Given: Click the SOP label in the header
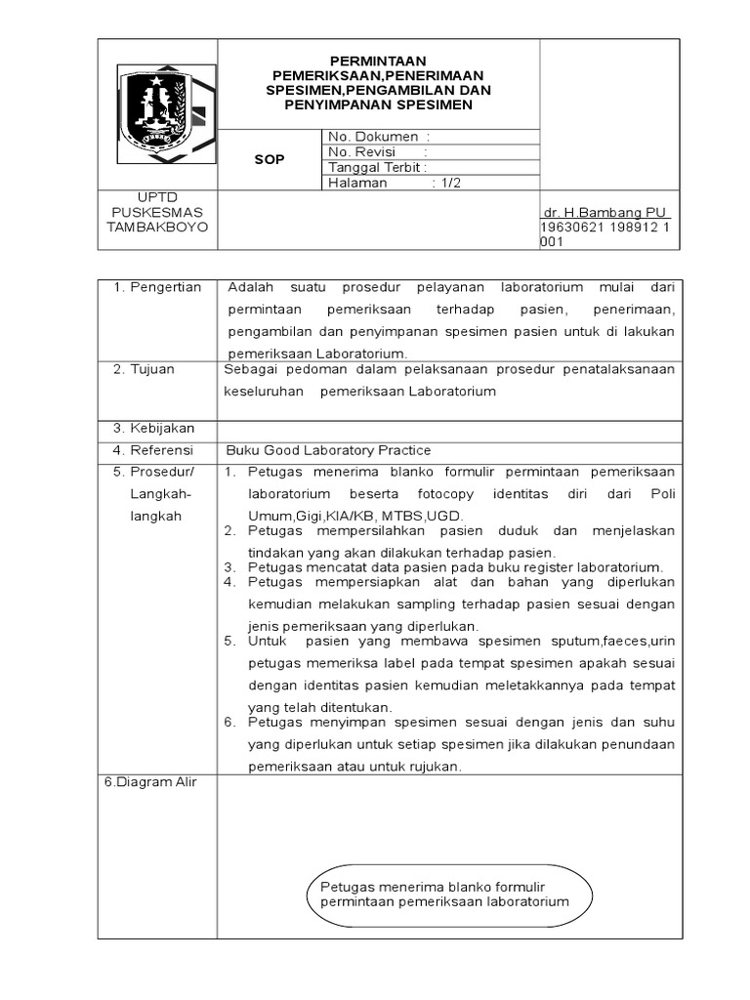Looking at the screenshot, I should click(x=270, y=159).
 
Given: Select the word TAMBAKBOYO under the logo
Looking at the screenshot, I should click(x=157, y=226).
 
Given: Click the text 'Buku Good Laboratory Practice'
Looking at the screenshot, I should click(x=328, y=450).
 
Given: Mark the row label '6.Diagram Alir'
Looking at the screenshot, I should click(x=150, y=783).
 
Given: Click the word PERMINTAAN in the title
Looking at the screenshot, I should click(x=377, y=61).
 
